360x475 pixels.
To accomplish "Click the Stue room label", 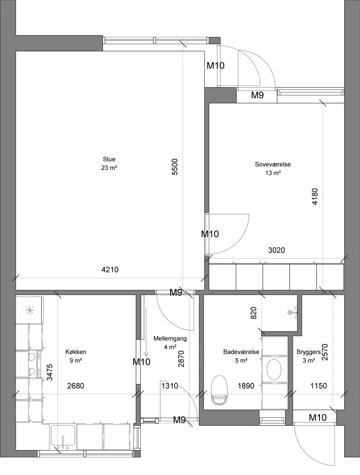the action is (x=109, y=159).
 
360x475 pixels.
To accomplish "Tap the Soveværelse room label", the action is (x=273, y=165).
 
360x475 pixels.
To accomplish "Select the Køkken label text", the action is (x=76, y=352).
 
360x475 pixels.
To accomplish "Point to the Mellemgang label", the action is (x=170, y=339).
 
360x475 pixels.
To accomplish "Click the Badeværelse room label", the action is (x=241, y=352).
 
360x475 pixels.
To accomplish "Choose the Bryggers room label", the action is (x=309, y=352).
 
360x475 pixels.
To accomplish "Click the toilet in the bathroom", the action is (x=220, y=390).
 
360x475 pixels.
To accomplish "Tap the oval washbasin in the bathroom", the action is (x=274, y=369).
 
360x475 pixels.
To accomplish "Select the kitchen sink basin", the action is (x=63, y=437).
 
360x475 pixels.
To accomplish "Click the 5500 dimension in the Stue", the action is (x=175, y=167).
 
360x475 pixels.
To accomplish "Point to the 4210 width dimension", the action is (x=110, y=269).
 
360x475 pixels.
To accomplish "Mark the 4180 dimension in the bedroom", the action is (x=315, y=197).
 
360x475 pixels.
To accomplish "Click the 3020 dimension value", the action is (x=276, y=250).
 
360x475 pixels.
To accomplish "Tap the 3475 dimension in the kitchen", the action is (x=50, y=372).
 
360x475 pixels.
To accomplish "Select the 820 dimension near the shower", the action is (x=254, y=313).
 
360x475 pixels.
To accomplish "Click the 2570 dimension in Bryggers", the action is (x=325, y=352).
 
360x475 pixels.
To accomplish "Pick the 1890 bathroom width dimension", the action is (x=246, y=386).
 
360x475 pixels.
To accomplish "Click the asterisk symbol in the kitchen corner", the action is (x=29, y=310).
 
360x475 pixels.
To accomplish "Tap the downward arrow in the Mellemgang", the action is (x=146, y=332).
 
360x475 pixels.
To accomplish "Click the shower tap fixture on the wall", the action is (x=293, y=312).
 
